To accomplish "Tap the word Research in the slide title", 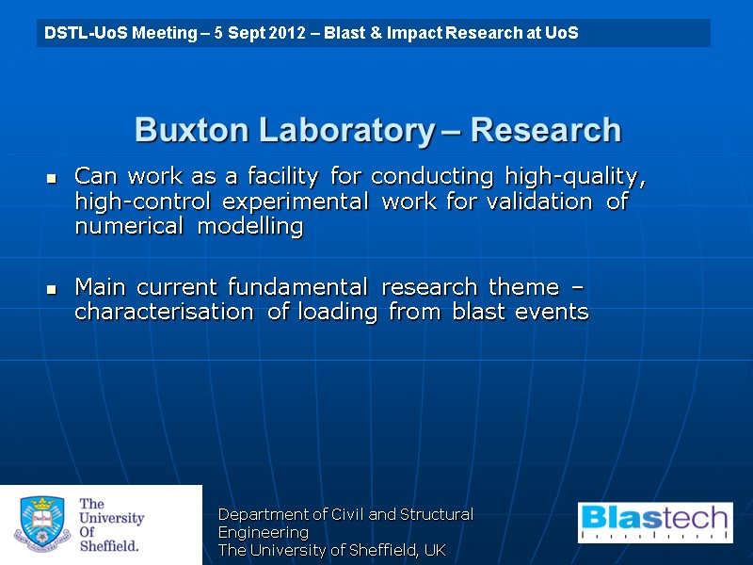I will (546, 130).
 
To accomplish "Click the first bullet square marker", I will (52, 178).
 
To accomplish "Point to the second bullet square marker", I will (52, 288).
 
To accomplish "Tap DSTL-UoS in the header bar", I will (78, 34).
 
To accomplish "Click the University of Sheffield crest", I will (42, 525).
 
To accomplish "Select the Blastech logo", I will (655, 523).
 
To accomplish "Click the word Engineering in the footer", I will (264, 532).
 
